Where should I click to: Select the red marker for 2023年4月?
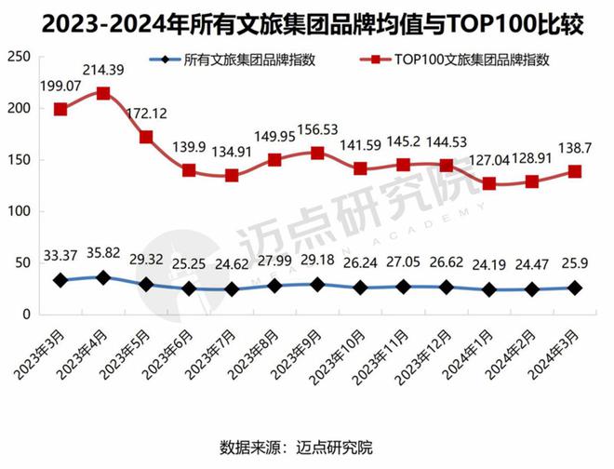[103, 93]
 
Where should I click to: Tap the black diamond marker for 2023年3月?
[60, 280]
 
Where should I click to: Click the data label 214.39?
[104, 69]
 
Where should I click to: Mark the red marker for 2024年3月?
[575, 171]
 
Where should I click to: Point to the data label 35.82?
[104, 252]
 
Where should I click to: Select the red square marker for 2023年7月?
[232, 176]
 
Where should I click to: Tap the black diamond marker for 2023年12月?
[447, 288]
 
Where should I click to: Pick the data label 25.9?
[575, 264]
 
